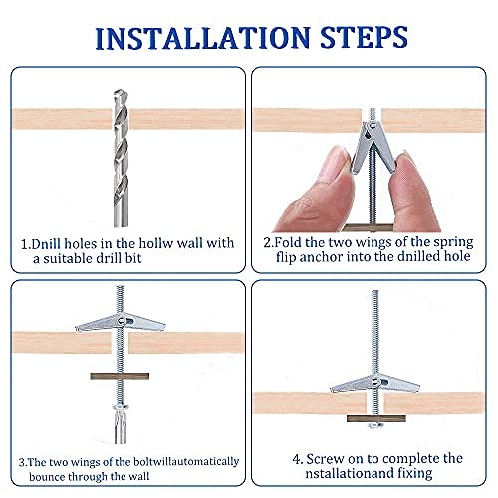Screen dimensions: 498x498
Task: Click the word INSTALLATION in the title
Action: (x=202, y=38)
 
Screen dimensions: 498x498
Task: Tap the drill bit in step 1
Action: (x=121, y=158)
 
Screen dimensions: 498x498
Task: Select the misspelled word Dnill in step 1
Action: (x=46, y=244)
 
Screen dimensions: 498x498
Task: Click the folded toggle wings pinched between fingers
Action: (x=373, y=147)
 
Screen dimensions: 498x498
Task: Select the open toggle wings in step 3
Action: (x=121, y=322)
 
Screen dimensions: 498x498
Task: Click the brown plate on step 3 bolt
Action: (x=120, y=376)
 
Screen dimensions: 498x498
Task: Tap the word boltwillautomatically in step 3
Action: (x=186, y=462)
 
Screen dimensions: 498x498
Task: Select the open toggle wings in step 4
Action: (x=375, y=383)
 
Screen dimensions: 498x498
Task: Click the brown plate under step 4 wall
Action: (x=376, y=418)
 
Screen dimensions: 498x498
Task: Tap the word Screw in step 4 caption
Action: (x=325, y=459)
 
